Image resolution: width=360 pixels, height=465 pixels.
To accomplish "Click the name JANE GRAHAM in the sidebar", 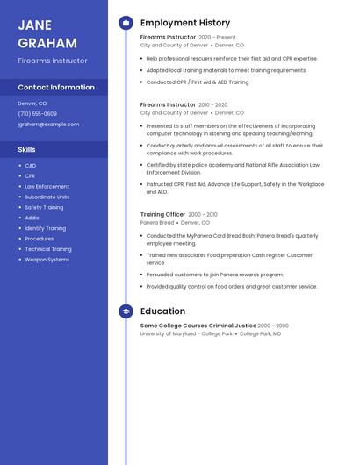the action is click(x=47, y=34).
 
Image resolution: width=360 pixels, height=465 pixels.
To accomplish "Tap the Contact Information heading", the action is click(x=56, y=87).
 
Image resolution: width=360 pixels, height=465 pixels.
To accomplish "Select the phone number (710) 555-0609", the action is click(x=37, y=114).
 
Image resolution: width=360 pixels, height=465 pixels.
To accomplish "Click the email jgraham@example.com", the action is click(x=48, y=125).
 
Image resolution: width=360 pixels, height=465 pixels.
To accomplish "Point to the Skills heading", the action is click(x=26, y=149).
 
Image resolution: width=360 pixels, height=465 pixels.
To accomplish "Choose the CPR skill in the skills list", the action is click(x=30, y=176).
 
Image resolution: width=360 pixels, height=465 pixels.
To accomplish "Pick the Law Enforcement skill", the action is click(x=47, y=187).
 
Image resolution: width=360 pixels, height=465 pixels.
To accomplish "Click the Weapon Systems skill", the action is click(x=47, y=260).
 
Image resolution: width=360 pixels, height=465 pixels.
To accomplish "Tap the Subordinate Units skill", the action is click(x=47, y=197).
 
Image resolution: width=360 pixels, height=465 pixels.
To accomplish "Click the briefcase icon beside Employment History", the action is click(x=126, y=23).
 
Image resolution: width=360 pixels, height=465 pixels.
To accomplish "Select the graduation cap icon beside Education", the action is click(x=126, y=311).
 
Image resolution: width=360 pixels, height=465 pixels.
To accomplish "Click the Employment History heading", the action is click(x=185, y=23).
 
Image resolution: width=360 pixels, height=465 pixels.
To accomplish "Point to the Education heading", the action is click(x=162, y=311).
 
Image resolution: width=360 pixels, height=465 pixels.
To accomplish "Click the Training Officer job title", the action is click(x=162, y=214).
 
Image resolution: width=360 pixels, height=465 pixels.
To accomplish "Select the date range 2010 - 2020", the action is click(x=212, y=104).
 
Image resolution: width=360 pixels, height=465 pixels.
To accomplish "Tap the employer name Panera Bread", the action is click(x=157, y=223).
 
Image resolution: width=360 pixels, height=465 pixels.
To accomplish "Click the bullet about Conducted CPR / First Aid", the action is click(x=197, y=82).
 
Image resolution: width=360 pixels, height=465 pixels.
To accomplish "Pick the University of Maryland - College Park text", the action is click(x=186, y=334).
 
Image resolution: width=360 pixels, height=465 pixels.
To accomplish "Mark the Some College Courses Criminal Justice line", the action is click(x=198, y=325).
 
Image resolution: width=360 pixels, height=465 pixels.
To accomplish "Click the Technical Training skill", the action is click(x=47, y=249).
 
